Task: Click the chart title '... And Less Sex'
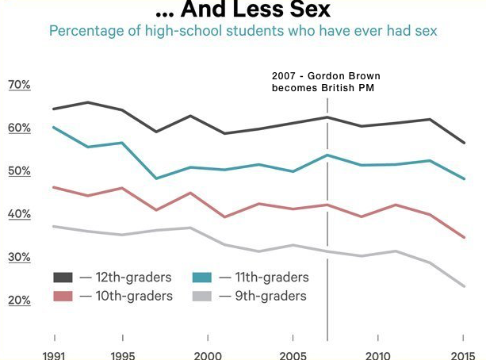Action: click(242, 11)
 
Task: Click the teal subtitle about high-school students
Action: click(243, 32)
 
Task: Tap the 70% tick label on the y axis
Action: click(19, 85)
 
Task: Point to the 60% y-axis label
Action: click(19, 128)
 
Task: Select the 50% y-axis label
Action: click(19, 171)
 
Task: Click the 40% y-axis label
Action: click(19, 214)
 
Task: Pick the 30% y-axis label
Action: click(19, 257)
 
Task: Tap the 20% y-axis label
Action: click(19, 301)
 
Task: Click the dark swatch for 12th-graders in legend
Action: click(63, 278)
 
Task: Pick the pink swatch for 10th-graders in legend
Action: click(63, 296)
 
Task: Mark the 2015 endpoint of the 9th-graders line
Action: click(464, 286)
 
